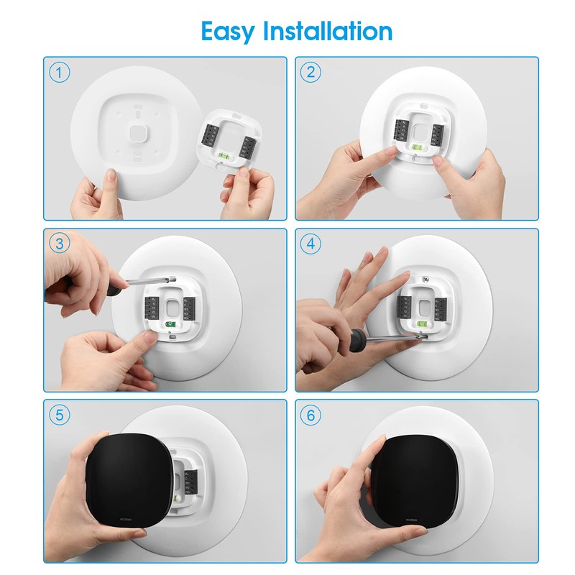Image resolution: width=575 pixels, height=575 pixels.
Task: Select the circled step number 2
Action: [x=310, y=72]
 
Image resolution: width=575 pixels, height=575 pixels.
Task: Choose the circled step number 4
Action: [x=310, y=243]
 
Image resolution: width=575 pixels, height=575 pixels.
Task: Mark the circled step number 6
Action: [x=310, y=415]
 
